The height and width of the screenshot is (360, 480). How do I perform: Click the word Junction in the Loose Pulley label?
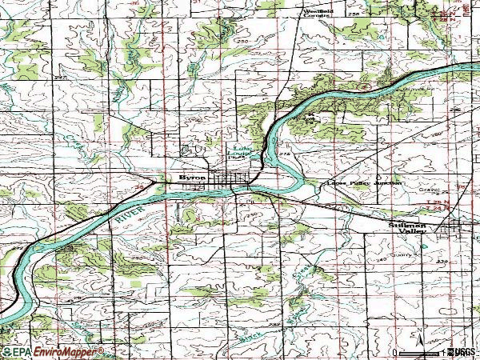[388, 183]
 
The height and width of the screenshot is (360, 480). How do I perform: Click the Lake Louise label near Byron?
[241, 150]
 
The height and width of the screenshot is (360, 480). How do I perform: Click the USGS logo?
[462, 351]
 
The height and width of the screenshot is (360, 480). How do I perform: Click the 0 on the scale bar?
[394, 351]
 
